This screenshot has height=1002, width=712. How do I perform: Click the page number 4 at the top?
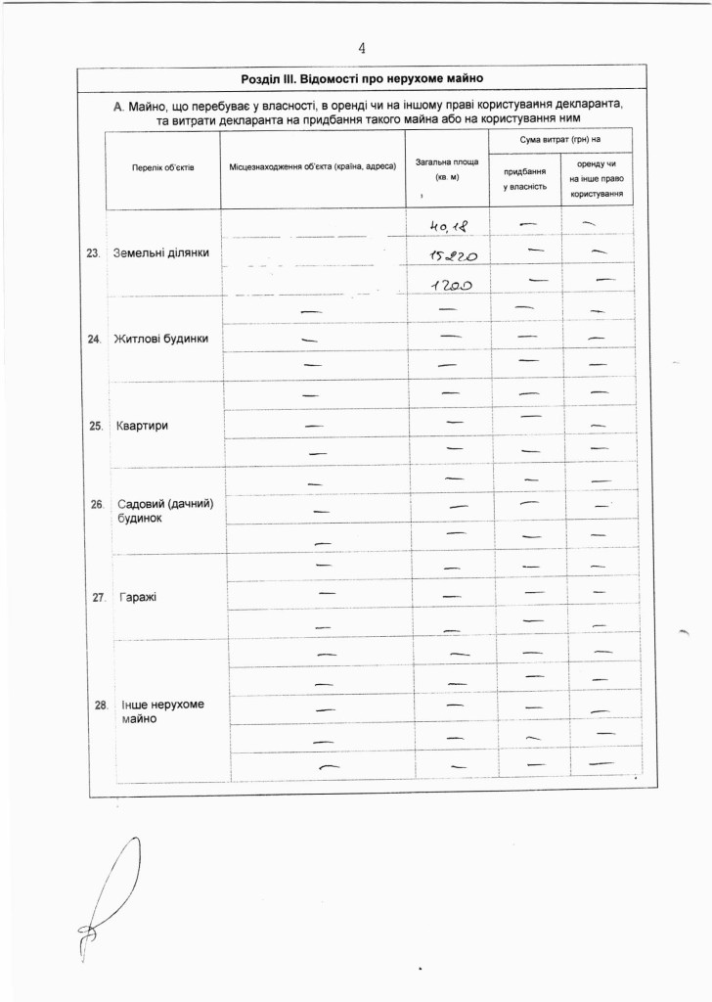point(362,48)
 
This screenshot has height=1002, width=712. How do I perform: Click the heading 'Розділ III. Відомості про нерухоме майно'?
point(362,77)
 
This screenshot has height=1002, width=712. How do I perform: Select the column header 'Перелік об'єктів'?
point(163,168)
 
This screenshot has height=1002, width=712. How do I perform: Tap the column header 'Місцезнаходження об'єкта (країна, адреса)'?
point(312,168)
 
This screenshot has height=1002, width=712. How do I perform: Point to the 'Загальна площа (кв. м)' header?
point(447,167)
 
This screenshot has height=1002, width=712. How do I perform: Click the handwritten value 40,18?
point(446,227)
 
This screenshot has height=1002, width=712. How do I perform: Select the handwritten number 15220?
point(446,255)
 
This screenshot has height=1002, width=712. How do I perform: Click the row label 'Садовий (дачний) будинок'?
point(164,511)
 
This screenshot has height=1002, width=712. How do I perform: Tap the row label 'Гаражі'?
point(138,597)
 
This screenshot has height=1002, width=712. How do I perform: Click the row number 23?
point(95,253)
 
